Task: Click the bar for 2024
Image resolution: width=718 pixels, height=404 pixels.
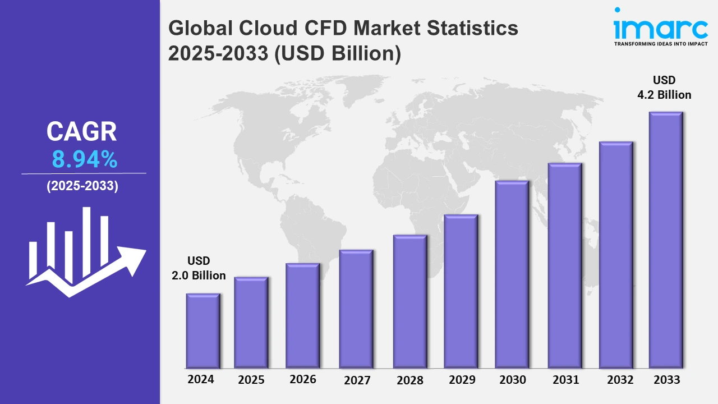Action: pos(203,330)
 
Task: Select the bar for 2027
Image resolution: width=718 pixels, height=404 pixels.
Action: pos(356,309)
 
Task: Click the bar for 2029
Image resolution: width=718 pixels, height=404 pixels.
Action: pos(461,291)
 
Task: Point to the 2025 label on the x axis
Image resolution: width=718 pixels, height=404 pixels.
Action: pos(251,380)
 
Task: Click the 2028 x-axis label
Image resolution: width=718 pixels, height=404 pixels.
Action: pos(410,380)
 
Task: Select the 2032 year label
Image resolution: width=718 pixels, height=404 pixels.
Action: pos(621,380)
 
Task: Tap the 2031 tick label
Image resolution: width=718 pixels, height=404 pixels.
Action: pos(565,380)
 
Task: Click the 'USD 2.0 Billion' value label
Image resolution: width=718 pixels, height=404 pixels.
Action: pos(199,268)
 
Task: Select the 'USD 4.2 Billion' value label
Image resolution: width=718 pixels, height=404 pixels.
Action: pos(664,88)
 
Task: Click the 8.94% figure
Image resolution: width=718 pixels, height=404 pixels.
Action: pos(85,160)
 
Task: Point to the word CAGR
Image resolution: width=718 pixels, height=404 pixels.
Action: pos(82,132)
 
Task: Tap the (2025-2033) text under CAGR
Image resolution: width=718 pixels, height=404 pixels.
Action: pos(82,186)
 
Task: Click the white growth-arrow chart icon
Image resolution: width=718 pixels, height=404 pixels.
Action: pos(84,252)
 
